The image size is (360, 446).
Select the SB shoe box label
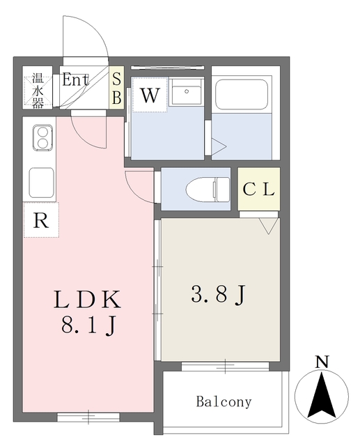click(116, 89)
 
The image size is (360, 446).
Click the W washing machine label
click(149, 96)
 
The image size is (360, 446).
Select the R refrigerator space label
click(41, 221)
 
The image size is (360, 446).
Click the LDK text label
click(88, 300)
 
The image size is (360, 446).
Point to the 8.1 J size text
click(88, 325)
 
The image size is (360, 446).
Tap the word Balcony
click(224, 402)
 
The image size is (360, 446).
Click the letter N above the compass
click(322, 362)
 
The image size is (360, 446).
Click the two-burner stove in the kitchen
click(41, 138)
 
